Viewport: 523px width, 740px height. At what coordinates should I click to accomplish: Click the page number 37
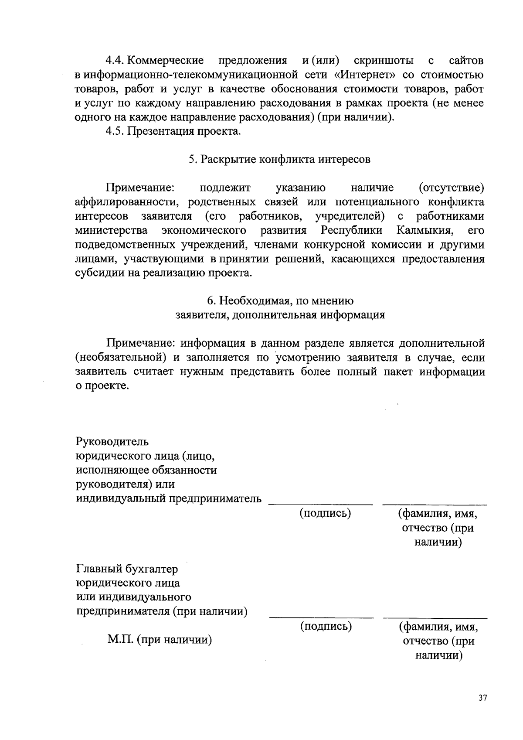click(482, 698)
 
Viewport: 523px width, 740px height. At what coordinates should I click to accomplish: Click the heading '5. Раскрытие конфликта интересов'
click(279, 159)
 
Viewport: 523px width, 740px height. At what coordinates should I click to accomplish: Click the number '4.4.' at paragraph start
click(116, 61)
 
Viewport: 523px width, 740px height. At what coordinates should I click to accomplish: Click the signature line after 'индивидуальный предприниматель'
click(321, 504)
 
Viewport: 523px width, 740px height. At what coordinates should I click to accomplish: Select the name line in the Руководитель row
click(435, 504)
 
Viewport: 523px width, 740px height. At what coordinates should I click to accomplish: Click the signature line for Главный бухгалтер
click(322, 617)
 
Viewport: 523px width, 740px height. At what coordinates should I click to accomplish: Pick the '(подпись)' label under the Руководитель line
click(325, 514)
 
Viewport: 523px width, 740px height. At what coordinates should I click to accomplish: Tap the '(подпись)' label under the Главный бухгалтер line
click(326, 627)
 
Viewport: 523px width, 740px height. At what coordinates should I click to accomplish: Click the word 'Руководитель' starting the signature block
click(112, 442)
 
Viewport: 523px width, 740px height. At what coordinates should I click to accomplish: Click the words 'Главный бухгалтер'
click(127, 569)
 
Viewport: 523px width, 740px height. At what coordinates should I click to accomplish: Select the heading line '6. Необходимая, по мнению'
click(280, 301)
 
